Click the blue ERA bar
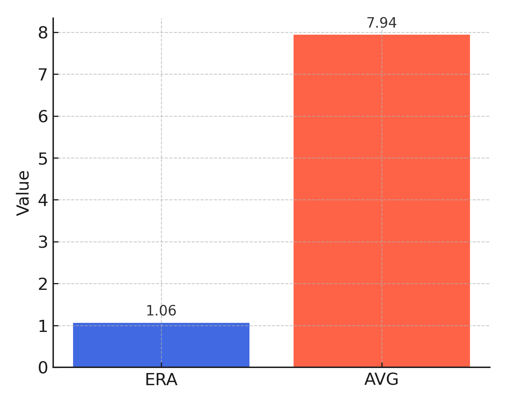click(161, 345)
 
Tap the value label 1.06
click(161, 311)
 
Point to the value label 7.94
click(381, 23)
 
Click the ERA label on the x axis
click(161, 380)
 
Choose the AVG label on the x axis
click(381, 380)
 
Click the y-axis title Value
click(24, 193)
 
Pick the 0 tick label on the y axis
click(43, 368)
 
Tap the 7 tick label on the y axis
click(43, 75)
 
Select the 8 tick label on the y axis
click(43, 33)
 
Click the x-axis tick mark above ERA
click(161, 365)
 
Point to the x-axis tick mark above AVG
click(382, 365)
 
